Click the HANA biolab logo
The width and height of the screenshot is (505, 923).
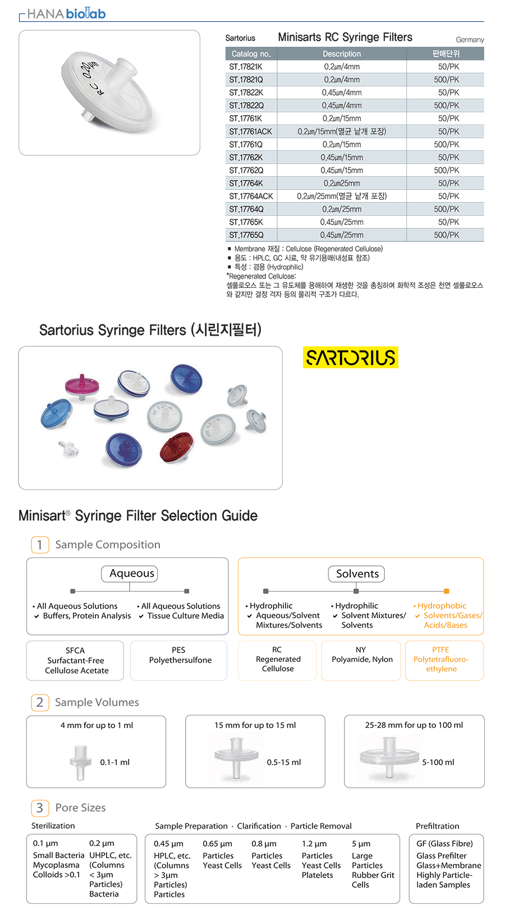(66, 14)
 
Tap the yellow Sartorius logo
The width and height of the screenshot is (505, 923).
(351, 357)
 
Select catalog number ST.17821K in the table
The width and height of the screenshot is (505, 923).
(246, 67)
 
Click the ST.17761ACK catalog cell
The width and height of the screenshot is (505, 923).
(250, 131)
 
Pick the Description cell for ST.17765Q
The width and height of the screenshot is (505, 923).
(342, 235)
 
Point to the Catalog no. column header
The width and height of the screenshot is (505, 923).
(251, 53)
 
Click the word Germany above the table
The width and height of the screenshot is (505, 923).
(470, 39)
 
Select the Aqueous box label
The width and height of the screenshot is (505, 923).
(132, 573)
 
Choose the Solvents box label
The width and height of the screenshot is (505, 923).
(357, 574)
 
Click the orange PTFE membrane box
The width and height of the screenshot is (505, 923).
(444, 660)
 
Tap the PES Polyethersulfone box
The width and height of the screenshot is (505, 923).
(179, 660)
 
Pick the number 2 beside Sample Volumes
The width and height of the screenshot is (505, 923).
(40, 702)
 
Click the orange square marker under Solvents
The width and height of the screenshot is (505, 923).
(446, 591)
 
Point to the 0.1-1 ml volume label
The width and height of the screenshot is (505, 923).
(115, 762)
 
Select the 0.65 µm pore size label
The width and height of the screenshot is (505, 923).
(218, 843)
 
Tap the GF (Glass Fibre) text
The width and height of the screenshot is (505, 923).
(444, 843)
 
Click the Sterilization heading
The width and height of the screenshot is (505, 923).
(53, 826)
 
